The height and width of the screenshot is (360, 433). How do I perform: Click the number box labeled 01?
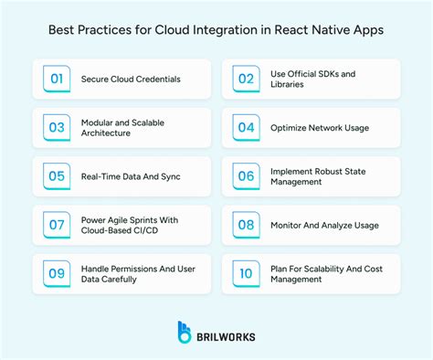57,79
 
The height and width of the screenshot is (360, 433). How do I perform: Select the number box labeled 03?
57,127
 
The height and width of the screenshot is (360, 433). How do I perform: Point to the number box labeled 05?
57,175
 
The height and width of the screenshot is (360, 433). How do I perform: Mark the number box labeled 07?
57,225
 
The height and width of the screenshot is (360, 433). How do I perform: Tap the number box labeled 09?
57,273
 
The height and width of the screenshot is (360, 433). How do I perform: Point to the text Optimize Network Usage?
319,127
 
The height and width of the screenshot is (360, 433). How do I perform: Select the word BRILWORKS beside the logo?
226,335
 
